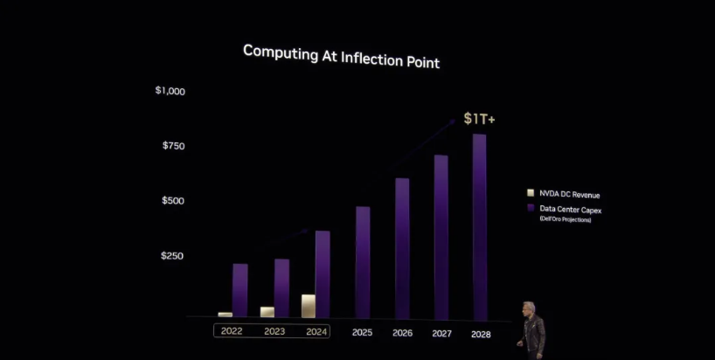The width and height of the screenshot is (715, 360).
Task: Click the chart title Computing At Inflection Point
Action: (341, 57)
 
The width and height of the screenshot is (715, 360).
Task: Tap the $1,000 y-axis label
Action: (170, 91)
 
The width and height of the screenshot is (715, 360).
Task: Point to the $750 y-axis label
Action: (174, 146)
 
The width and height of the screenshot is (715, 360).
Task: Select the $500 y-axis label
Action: (173, 200)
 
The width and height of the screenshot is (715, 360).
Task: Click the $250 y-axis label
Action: (172, 256)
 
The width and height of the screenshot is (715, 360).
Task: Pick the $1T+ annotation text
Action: (479, 119)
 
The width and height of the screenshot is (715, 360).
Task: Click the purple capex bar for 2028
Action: (480, 227)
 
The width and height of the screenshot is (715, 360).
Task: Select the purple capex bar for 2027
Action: (441, 238)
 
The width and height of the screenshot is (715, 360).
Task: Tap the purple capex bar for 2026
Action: (402, 249)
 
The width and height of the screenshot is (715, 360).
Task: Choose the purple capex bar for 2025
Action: (363, 262)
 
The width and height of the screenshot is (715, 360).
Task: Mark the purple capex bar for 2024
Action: (323, 274)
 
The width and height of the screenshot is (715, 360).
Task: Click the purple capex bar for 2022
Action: (239, 290)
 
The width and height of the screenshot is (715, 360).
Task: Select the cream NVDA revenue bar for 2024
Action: (309, 306)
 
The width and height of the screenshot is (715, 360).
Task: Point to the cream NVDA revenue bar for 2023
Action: (267, 312)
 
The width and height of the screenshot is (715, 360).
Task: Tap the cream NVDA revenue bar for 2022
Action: (226, 315)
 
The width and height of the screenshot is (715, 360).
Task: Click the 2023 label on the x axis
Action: (274, 331)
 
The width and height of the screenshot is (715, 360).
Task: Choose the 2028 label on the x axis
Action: (481, 335)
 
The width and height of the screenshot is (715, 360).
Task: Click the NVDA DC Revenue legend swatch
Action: (531, 193)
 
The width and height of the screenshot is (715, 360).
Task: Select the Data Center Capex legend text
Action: (571, 210)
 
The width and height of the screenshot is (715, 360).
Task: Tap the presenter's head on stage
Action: (529, 308)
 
